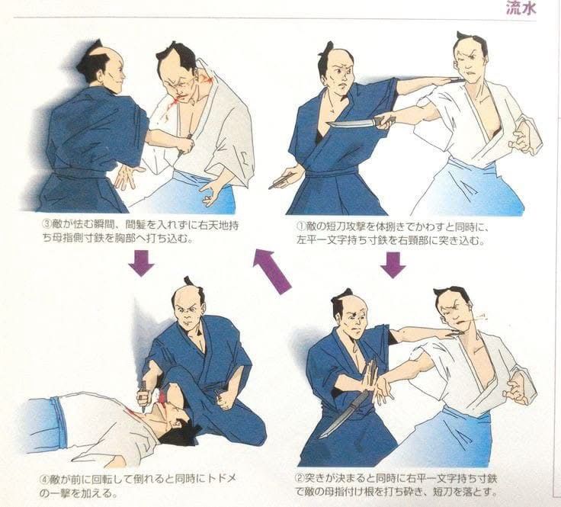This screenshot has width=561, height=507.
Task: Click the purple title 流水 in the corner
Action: [x=521, y=8]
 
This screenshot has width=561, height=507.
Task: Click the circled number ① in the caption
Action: [x=300, y=227]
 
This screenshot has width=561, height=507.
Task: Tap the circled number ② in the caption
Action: [x=300, y=479]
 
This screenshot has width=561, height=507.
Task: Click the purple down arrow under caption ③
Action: [x=141, y=263]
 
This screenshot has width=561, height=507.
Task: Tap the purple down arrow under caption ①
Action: [x=393, y=265]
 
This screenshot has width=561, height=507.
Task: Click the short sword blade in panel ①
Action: [x=351, y=124]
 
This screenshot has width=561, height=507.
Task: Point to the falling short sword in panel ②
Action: [x=343, y=414]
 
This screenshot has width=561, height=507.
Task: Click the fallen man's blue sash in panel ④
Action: [x=59, y=423]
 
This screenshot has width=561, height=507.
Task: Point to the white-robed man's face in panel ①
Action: [x=470, y=66]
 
